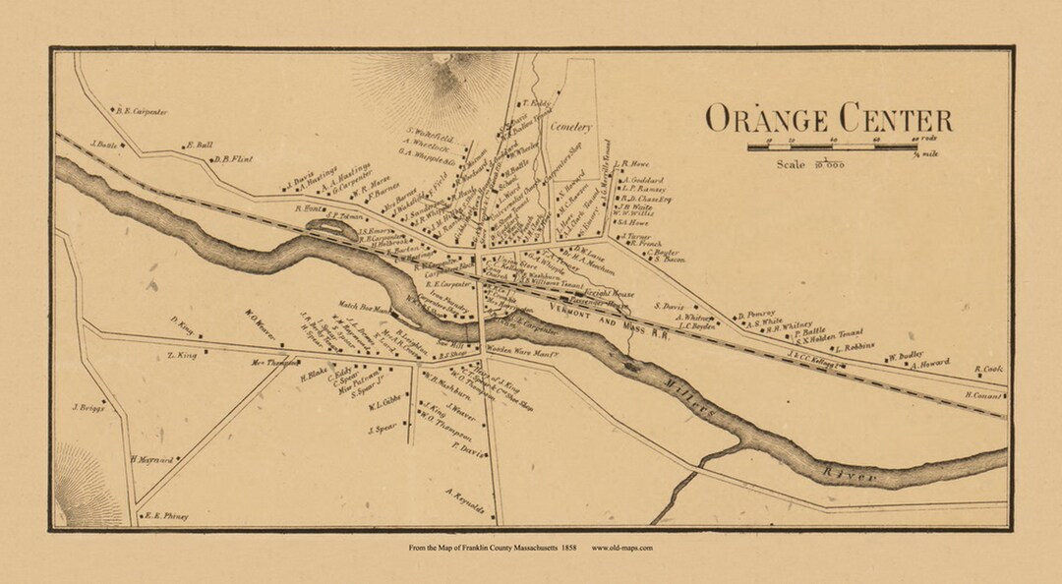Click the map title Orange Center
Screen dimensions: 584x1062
828,119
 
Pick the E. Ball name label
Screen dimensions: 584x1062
199,146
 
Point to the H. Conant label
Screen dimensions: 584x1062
984,395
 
